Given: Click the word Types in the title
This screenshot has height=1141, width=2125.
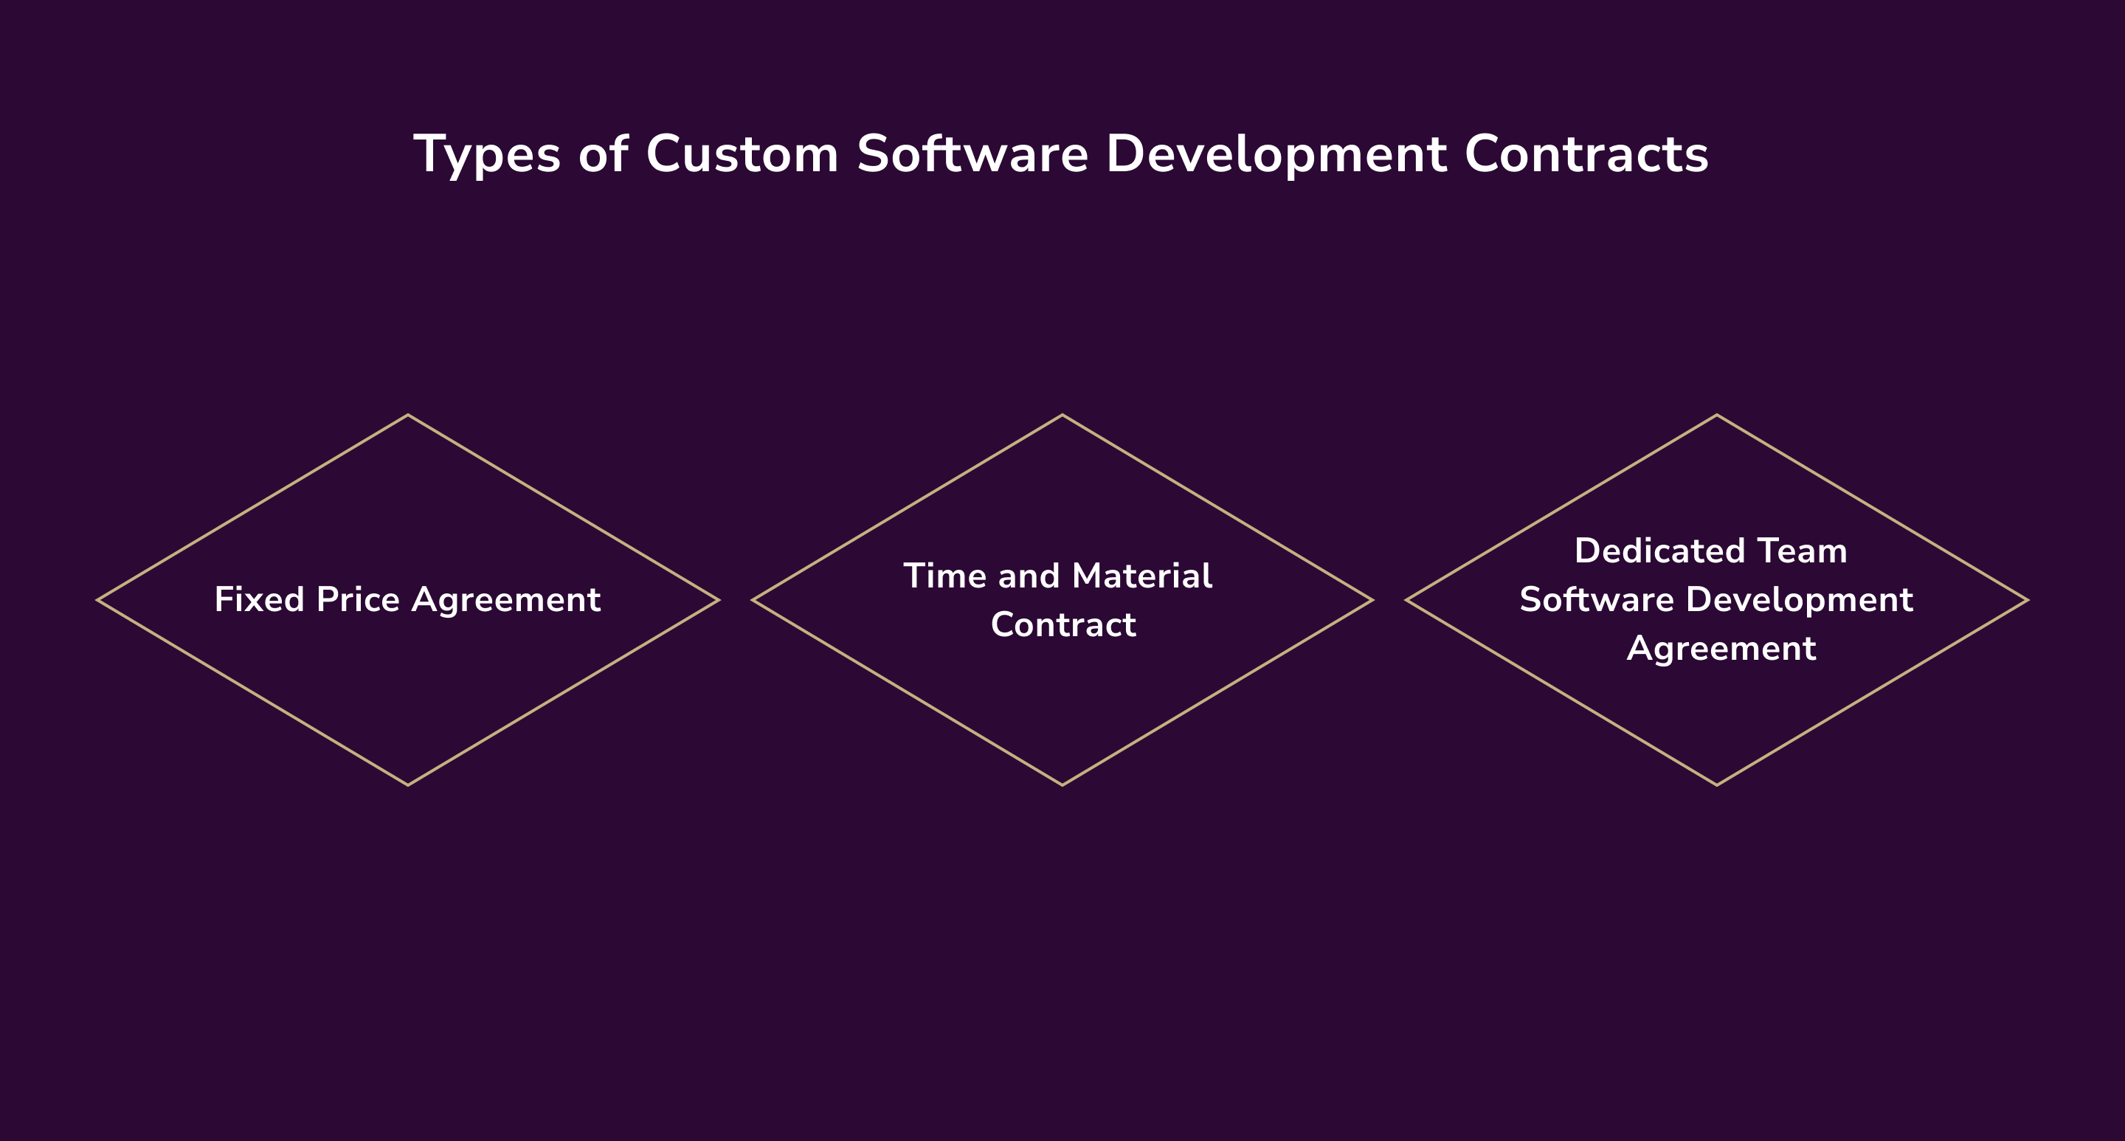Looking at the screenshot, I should (487, 155).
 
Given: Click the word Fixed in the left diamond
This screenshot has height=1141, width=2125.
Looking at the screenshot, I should (259, 600).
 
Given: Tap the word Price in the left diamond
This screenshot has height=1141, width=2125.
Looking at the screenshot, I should (358, 600).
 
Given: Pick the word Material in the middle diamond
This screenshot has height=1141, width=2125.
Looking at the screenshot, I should (1141, 576).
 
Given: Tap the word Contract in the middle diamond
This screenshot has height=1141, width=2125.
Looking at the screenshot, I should (1062, 624).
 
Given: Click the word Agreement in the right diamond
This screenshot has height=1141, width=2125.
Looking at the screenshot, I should (1721, 649).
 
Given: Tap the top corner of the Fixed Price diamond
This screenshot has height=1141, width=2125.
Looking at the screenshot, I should (408, 416).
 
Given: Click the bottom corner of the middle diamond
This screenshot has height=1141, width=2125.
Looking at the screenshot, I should (1062, 785).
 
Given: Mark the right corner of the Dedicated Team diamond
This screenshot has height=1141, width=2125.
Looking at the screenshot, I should (2027, 600).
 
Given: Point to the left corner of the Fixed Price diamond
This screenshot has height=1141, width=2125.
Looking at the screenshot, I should (99, 600).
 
